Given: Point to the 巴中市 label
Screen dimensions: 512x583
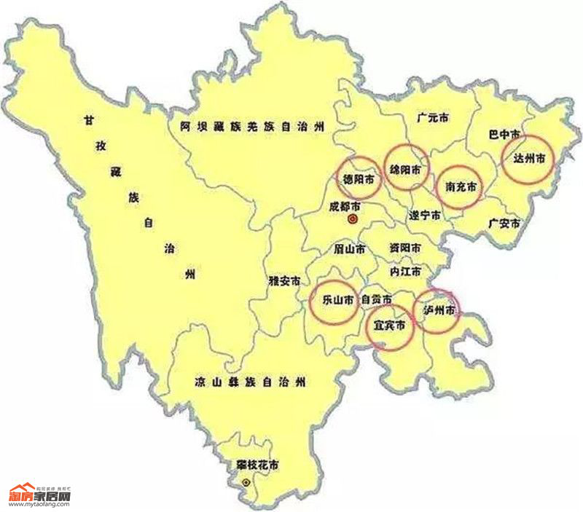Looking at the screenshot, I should (x=504, y=135).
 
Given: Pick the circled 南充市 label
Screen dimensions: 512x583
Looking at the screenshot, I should (x=461, y=187).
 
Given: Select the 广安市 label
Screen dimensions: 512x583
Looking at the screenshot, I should (x=504, y=223).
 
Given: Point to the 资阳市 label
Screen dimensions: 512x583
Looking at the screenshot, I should (x=404, y=248).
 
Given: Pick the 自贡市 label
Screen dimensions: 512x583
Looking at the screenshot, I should (x=377, y=299).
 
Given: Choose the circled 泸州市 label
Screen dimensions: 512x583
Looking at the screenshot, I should (x=439, y=310).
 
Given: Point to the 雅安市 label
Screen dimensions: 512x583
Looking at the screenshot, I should (x=283, y=280).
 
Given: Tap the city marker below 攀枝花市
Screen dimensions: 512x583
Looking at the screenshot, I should (x=246, y=482).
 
